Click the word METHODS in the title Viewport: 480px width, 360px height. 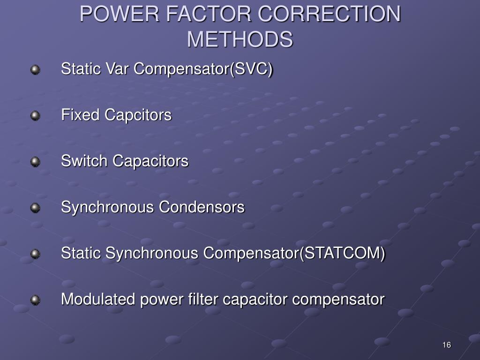[240, 39]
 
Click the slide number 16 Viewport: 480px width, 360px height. [446, 345]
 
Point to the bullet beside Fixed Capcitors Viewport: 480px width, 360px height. [36, 115]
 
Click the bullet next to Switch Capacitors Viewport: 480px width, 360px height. [36, 162]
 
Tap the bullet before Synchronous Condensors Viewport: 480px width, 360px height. [36, 208]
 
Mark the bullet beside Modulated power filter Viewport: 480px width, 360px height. [36, 300]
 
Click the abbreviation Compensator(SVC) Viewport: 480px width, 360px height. [203, 69]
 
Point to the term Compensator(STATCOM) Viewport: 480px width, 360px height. [294, 254]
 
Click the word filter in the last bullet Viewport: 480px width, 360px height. [204, 299]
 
